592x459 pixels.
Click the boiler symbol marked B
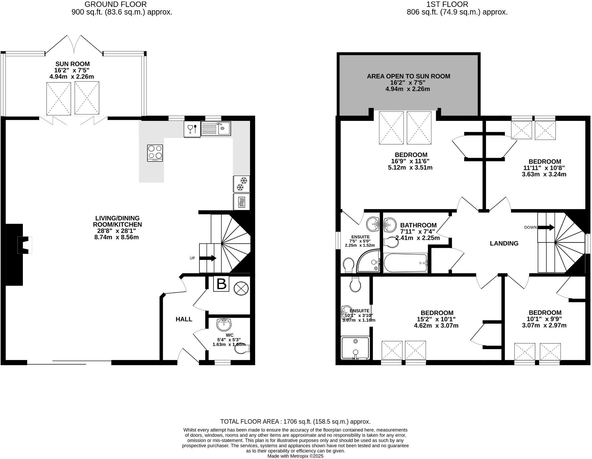[221, 284]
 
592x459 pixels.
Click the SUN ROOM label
[72, 64]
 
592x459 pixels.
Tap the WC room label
[229, 335]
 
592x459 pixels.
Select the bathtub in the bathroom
[406, 263]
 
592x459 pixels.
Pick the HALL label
[184, 319]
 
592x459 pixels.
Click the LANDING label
[504, 243]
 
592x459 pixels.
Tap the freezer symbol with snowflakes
[242, 184]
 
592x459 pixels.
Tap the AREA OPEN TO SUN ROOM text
[408, 76]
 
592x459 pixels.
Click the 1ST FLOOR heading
[457, 4]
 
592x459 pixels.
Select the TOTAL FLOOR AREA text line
[295, 422]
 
